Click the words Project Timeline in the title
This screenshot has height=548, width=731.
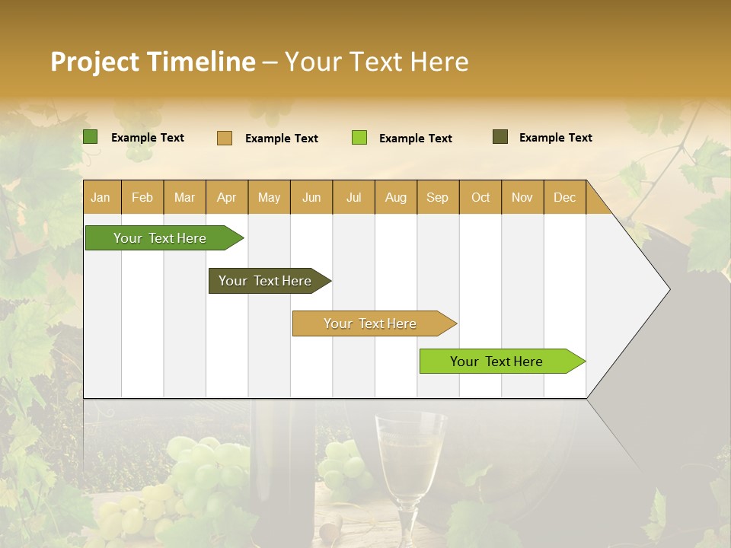[152, 62]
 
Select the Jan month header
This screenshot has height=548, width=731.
[101, 197]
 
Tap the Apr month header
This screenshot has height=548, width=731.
[226, 197]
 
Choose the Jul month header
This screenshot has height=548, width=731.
[353, 197]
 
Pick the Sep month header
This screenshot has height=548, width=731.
[437, 197]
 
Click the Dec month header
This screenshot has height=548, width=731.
[564, 197]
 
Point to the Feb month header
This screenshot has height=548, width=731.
[142, 197]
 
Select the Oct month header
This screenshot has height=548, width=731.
[480, 197]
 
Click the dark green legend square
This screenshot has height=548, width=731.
[90, 137]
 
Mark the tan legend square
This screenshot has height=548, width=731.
[224, 138]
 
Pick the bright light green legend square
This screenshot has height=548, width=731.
[359, 138]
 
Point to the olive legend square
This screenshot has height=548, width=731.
[500, 137]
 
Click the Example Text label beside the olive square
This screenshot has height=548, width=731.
[555, 138]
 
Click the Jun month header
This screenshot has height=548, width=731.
[311, 197]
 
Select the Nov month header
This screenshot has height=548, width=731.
[522, 197]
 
